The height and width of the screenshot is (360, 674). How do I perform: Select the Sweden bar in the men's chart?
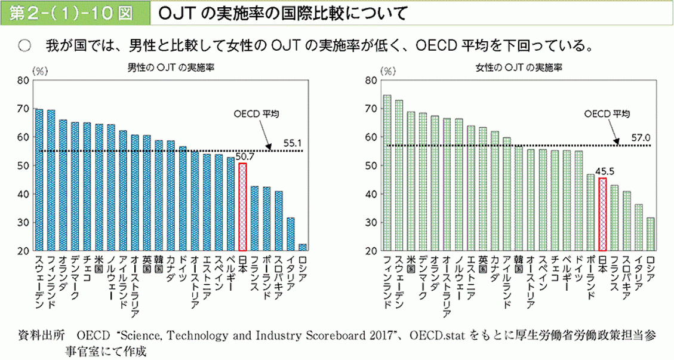click(39, 180)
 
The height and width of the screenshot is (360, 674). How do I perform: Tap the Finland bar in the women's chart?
click(387, 173)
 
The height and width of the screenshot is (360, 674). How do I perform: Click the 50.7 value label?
click(245, 157)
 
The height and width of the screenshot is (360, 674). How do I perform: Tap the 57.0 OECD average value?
click(641, 138)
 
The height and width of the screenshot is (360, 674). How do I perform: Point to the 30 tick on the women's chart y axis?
click(370, 223)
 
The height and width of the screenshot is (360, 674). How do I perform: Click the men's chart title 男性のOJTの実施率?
click(171, 67)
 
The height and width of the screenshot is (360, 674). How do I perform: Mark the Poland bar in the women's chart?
click(590, 213)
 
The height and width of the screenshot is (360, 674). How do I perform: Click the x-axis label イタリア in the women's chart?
click(639, 281)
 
